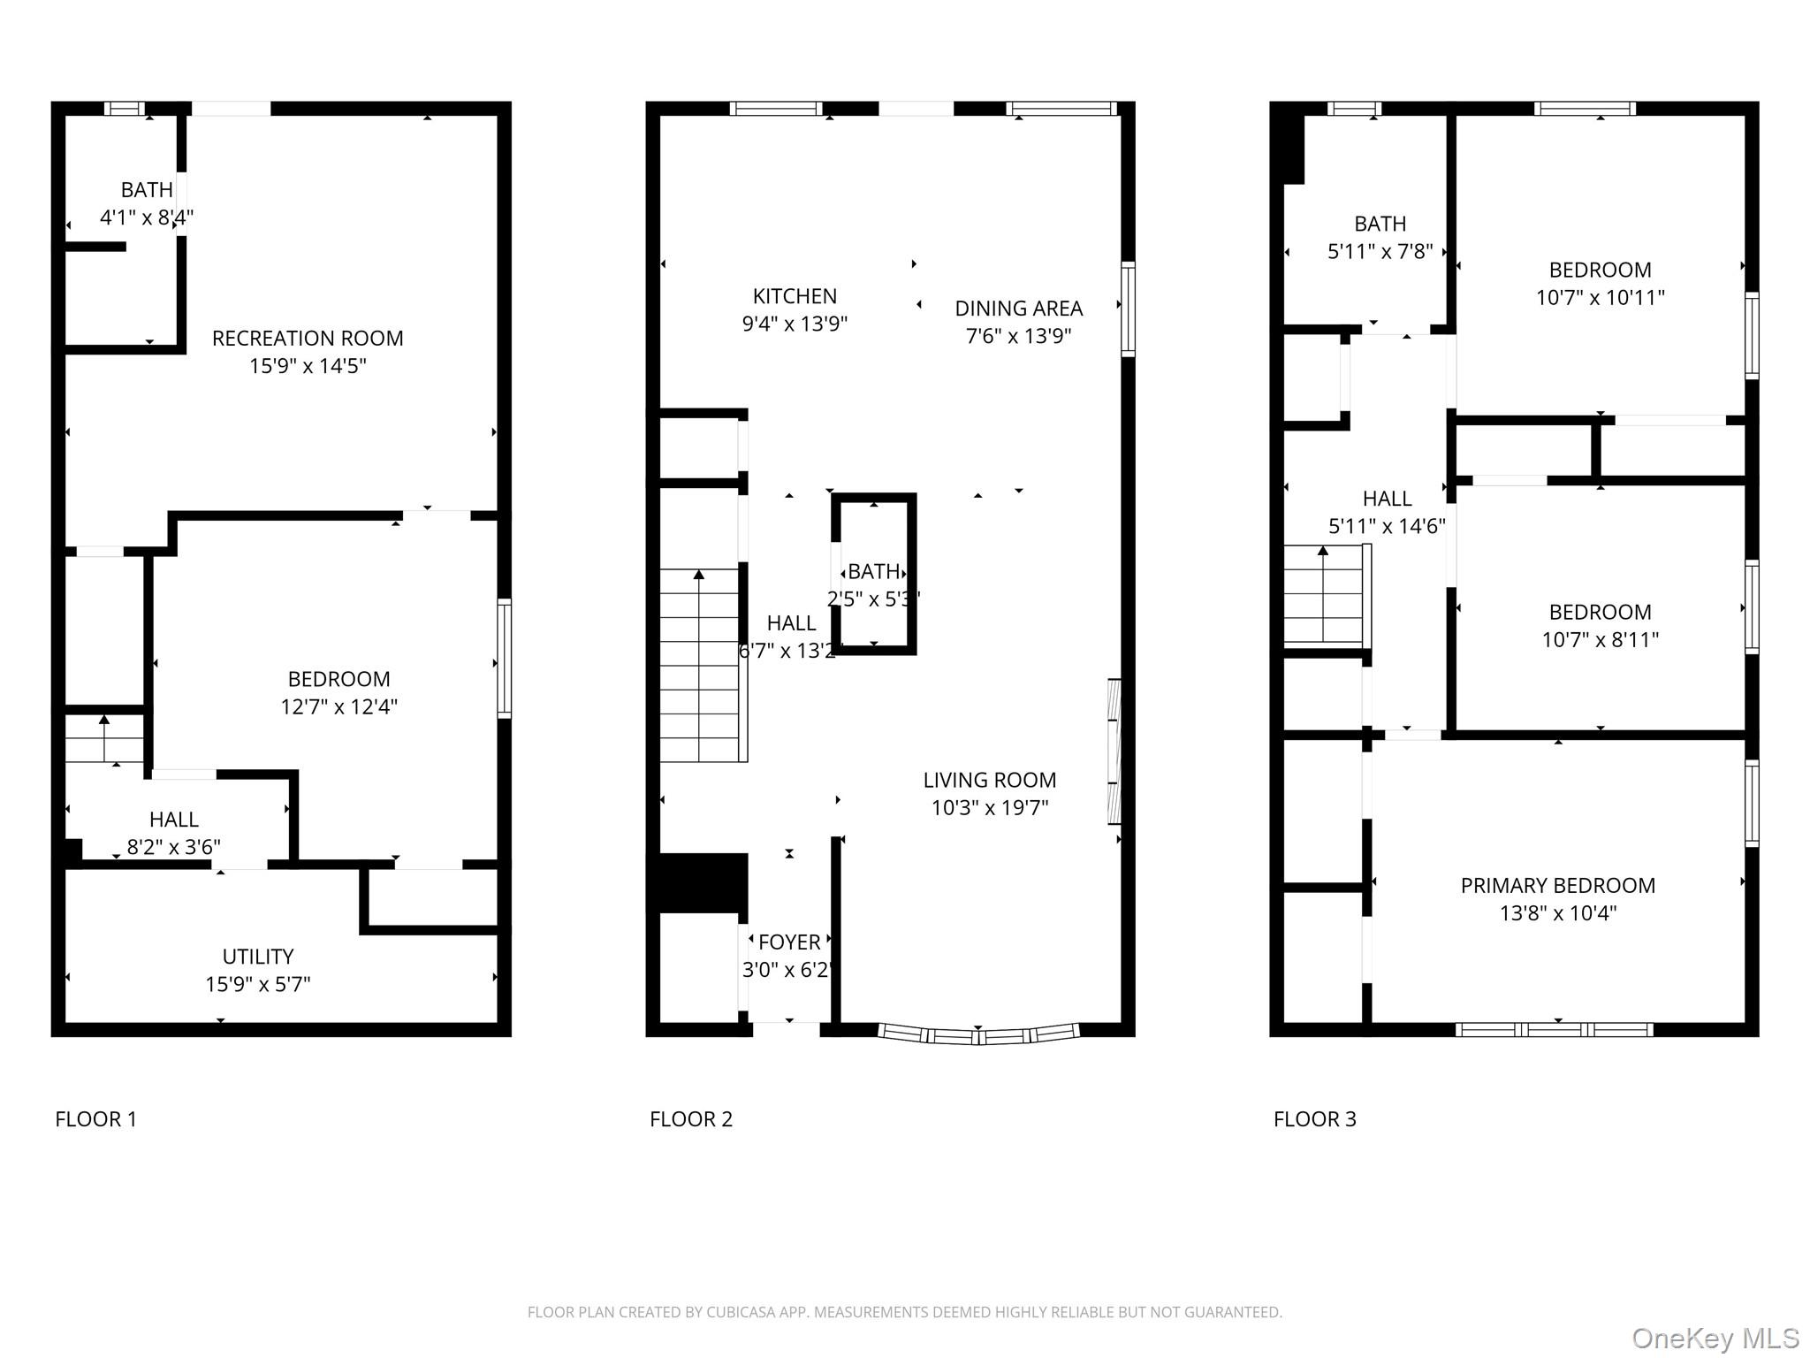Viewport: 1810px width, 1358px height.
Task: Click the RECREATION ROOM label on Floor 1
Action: (x=308, y=339)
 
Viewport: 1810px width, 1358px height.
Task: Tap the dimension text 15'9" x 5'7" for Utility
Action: (x=258, y=984)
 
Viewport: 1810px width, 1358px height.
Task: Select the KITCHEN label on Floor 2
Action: (x=795, y=296)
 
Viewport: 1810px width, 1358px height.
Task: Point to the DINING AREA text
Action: (x=1018, y=309)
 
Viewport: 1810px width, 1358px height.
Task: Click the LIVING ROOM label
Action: (x=989, y=780)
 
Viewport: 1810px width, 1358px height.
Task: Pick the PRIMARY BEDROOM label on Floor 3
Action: (x=1557, y=885)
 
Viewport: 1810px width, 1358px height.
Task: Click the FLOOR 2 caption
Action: (x=691, y=1119)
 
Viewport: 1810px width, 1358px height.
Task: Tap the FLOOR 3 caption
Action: (x=1314, y=1119)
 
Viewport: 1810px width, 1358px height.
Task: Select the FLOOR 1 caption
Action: (x=96, y=1119)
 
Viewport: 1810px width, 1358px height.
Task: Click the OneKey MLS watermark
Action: (x=1715, y=1339)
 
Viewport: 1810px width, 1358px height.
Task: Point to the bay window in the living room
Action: (x=978, y=1034)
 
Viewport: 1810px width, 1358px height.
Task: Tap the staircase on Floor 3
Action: (x=1323, y=594)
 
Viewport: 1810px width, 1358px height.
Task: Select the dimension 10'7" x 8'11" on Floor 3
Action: (x=1600, y=639)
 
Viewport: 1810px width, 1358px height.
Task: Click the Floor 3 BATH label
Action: (x=1380, y=224)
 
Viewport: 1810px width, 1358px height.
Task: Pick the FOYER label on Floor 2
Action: (x=789, y=942)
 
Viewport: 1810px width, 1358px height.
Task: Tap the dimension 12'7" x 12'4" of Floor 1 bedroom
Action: (x=338, y=706)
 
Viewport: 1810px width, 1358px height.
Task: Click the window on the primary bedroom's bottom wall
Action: (x=1554, y=1029)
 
